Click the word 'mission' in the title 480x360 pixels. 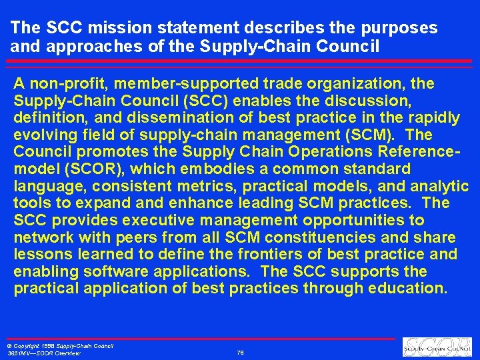111,28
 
